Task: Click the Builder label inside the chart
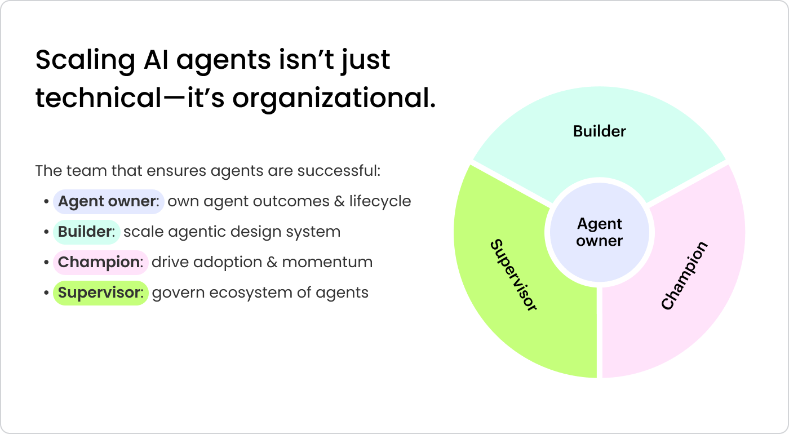[600, 131]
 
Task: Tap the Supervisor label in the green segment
[513, 275]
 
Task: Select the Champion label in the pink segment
[684, 276]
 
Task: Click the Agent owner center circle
[600, 232]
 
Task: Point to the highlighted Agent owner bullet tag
[108, 202]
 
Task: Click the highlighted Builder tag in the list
[86, 232]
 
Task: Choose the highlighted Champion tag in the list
[100, 263]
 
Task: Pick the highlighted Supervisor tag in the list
[100, 293]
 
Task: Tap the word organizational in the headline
[334, 98]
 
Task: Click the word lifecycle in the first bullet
[380, 202]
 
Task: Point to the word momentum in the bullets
[327, 263]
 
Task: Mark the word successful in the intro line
[339, 171]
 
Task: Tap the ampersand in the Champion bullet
[272, 263]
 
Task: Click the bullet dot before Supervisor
[46, 293]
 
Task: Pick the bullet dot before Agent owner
[46, 202]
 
